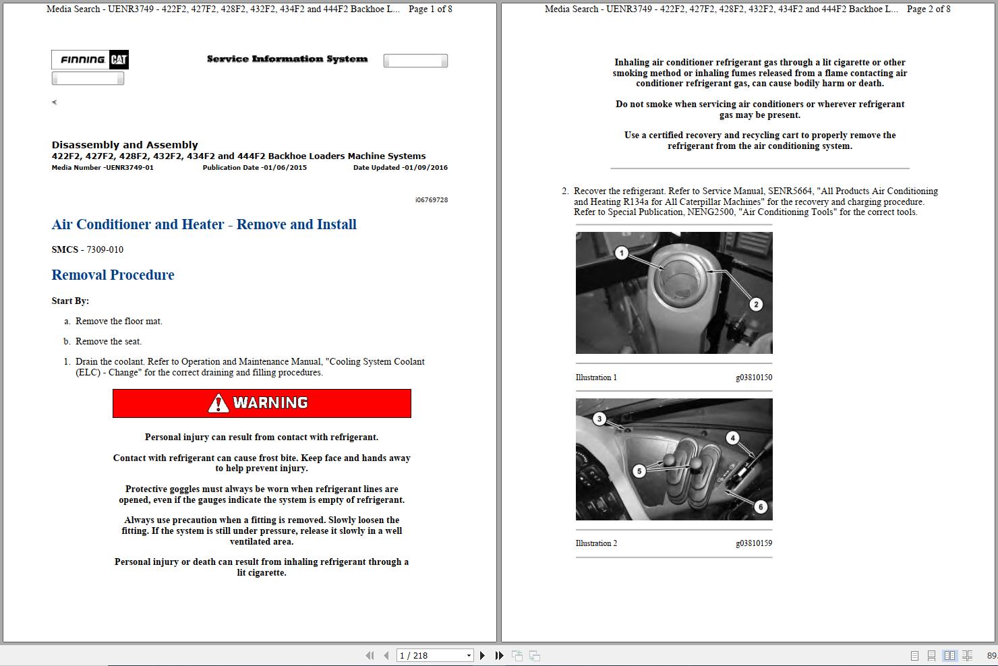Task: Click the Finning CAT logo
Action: (90, 60)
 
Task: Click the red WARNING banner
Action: (262, 403)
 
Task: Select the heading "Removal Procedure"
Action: (113, 275)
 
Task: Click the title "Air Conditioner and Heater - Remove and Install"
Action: (204, 224)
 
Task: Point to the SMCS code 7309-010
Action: (105, 249)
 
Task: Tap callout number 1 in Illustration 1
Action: (622, 253)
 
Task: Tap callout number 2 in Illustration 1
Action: (756, 304)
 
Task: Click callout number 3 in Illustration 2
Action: (599, 419)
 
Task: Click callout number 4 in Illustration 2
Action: (732, 438)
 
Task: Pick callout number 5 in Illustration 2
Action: (639, 471)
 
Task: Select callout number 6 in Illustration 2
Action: (761, 507)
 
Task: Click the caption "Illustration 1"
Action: (596, 377)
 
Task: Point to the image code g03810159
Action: (754, 543)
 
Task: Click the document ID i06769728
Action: (432, 200)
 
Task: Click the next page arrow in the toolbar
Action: (482, 655)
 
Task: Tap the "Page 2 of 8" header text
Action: (929, 9)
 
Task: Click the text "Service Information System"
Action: (287, 59)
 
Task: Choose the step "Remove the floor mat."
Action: (119, 322)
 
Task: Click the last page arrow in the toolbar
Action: (499, 655)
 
